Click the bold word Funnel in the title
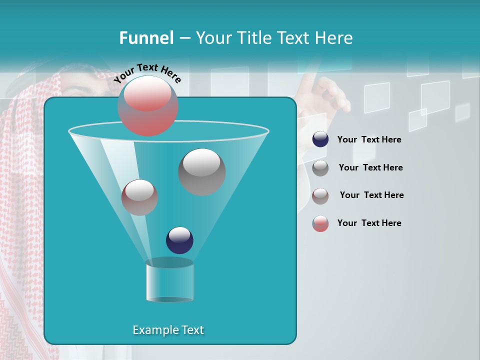(x=146, y=38)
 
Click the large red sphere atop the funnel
(x=148, y=105)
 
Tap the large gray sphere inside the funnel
(x=201, y=171)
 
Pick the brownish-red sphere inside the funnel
(x=139, y=197)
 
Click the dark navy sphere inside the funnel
(x=179, y=240)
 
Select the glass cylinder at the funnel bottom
(x=169, y=280)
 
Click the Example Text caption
(x=168, y=330)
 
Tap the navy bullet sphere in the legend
(x=320, y=139)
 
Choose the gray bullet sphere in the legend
(x=320, y=168)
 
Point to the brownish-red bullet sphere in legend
(x=320, y=196)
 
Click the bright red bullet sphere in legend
(x=320, y=223)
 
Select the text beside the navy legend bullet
(x=369, y=139)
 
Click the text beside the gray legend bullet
(x=370, y=167)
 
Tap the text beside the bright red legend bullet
(x=369, y=223)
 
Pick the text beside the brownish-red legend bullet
(x=371, y=195)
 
